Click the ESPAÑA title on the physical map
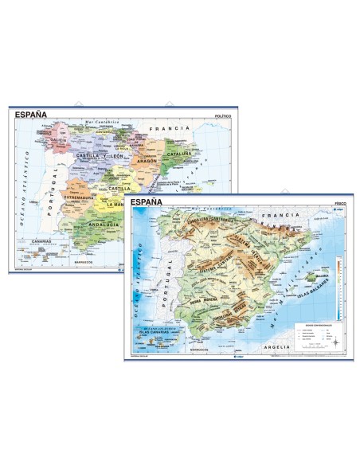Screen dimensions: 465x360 pyautogui.click(x=145, y=202)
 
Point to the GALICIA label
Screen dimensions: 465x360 pyautogui.click(x=58, y=141)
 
